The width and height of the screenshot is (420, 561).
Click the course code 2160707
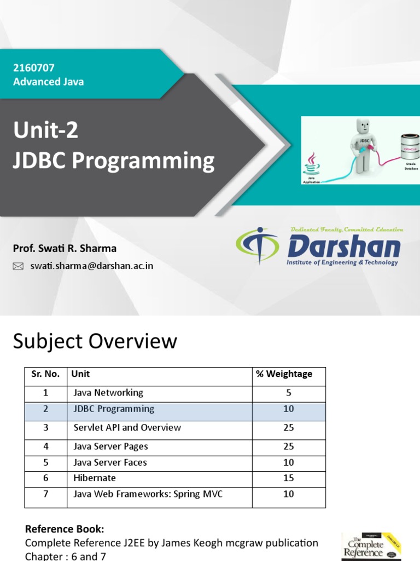34,68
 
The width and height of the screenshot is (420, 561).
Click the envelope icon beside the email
18,266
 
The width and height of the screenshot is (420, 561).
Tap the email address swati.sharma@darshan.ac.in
91,266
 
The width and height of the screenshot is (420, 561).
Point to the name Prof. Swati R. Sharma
65,248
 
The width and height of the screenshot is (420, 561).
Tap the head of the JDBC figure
363,127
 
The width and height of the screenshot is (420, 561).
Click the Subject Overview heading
95,341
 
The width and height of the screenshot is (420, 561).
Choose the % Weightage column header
284,374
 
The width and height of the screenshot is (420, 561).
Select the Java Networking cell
108,393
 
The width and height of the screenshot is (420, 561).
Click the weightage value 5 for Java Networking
289,393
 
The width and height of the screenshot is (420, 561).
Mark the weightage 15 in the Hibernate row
289,478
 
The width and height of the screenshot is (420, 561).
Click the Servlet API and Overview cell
127,428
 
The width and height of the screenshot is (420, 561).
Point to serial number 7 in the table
46,494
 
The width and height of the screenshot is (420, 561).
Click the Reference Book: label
65,529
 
